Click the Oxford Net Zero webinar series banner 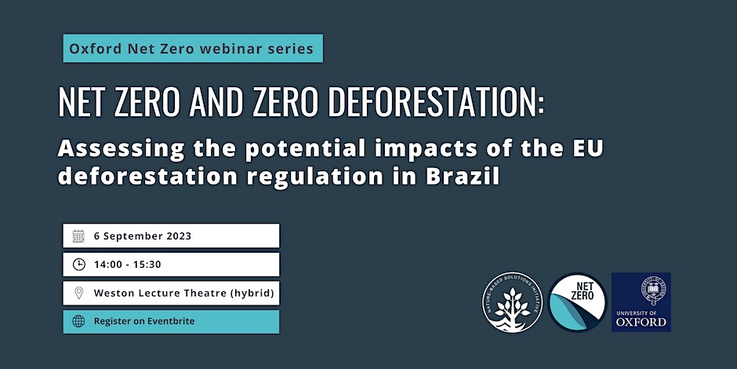point(193,49)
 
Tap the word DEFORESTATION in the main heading point(435,101)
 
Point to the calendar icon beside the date point(78,236)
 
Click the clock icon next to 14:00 point(78,265)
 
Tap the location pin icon point(78,293)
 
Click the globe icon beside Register point(78,321)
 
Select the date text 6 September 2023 point(143,236)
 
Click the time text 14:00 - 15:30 point(127,265)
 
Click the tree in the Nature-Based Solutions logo point(512,305)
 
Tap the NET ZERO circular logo point(577,302)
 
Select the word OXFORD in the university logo point(641,322)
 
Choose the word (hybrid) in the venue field point(252,294)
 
